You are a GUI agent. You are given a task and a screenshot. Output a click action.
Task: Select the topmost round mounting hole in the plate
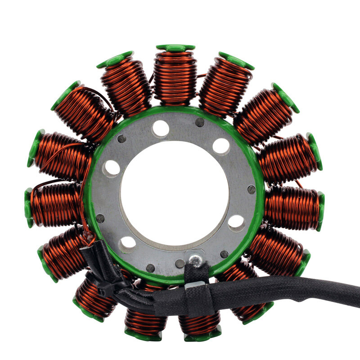[x=161, y=129]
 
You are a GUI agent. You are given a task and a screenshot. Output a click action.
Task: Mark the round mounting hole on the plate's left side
[x=112, y=168]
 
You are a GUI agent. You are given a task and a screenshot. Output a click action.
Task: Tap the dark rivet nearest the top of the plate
[x=199, y=122]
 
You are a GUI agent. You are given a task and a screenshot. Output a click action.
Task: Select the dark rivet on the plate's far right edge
[x=251, y=189]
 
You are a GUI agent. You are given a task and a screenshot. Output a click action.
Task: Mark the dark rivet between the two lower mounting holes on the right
[x=224, y=254]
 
